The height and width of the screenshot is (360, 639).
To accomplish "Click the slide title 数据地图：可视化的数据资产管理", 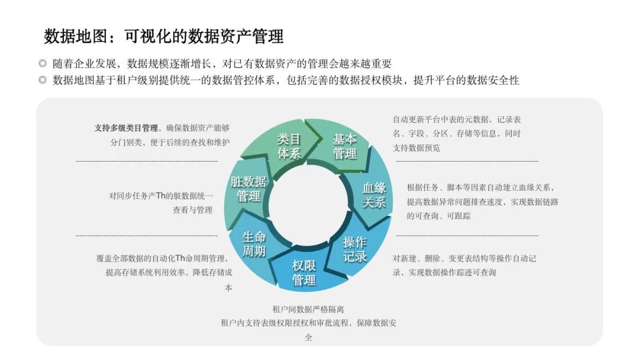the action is (163, 36).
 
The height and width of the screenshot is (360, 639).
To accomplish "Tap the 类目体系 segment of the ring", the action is (289, 147).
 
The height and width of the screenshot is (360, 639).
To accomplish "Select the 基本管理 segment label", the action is (345, 147).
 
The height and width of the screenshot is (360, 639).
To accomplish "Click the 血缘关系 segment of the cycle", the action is (374, 195).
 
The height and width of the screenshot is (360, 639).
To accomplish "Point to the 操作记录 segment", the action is (354, 249).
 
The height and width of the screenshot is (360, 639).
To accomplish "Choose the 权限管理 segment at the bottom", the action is (304, 273).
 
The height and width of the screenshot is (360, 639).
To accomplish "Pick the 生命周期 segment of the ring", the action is (254, 244).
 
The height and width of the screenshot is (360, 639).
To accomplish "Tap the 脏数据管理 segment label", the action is (248, 189).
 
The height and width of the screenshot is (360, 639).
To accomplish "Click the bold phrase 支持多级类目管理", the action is (127, 128).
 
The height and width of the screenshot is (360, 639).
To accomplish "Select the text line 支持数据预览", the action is (417, 147).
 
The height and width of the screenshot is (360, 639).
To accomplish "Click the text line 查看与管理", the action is (192, 210).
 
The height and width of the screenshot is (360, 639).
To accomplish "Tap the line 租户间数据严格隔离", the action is (308, 310).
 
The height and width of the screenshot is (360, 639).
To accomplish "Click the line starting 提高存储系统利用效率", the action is (169, 272).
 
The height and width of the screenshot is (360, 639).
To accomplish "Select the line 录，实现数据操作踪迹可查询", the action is (444, 272).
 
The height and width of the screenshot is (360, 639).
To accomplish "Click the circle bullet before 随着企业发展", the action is (43, 63).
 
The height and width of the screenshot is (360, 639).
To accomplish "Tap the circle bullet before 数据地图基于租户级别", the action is (43, 80).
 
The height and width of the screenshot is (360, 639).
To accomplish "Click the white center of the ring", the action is (308, 206).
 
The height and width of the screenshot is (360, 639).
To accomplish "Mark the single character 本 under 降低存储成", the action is (228, 288).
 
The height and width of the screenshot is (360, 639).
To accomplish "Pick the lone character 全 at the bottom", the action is (308, 337).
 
